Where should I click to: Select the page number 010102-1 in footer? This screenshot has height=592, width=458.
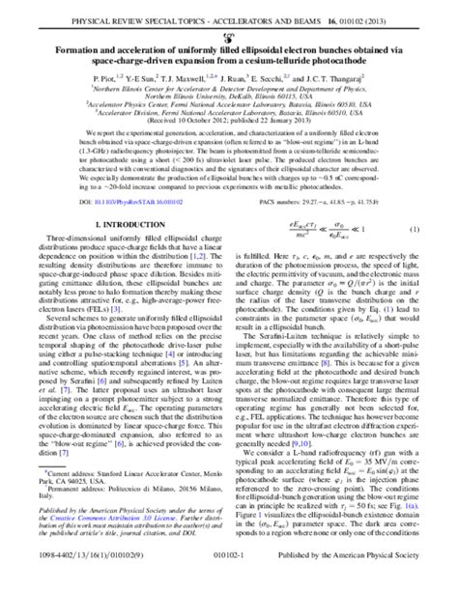coord(229,581)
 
